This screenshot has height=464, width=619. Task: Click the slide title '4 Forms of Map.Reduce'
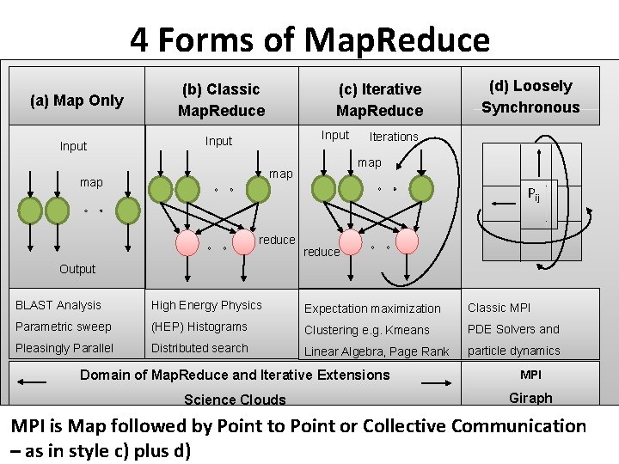tap(309, 40)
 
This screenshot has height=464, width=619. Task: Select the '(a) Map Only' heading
tap(77, 101)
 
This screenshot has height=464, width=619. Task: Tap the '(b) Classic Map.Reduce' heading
tap(221, 100)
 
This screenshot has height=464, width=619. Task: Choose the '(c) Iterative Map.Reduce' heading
tap(379, 100)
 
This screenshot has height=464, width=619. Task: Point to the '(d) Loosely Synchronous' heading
tap(530, 96)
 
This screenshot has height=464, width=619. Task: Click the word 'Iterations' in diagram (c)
tap(393, 137)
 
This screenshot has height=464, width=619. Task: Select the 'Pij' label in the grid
tap(534, 194)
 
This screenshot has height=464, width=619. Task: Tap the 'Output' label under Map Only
tap(77, 269)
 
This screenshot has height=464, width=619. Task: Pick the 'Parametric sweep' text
tap(64, 327)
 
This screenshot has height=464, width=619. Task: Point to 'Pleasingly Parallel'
tap(64, 348)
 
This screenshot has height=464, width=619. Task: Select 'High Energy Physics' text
tap(206, 305)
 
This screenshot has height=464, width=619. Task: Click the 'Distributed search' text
tap(199, 348)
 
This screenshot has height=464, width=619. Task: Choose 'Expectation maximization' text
tap(372, 308)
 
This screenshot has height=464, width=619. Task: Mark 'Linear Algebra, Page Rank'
tap(377, 351)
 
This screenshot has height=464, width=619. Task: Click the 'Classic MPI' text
tap(499, 308)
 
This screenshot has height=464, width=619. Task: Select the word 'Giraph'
tap(530, 398)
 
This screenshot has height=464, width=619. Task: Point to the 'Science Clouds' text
tap(235, 400)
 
